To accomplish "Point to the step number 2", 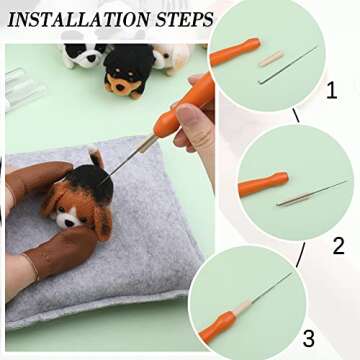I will [x=337, y=244].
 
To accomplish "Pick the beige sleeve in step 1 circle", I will [x=271, y=59].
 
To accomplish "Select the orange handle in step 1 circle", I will [x=236, y=52].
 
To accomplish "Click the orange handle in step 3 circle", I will [x=217, y=324].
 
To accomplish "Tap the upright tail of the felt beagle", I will [x=95, y=160].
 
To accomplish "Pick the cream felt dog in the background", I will [x=173, y=57].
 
